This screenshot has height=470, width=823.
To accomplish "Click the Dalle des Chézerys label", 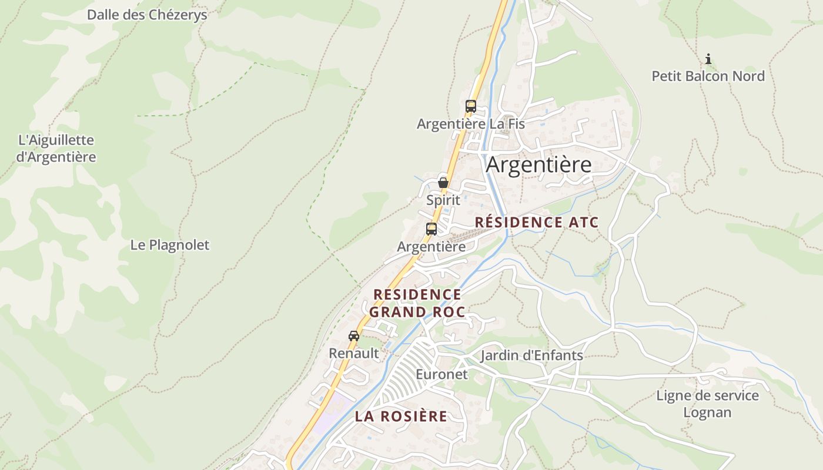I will [x=147, y=15].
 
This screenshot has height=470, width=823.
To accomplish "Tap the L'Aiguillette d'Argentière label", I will [x=56, y=149].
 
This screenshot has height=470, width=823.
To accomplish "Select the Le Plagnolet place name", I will [x=169, y=245].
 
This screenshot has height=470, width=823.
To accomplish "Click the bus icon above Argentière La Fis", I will [x=470, y=106].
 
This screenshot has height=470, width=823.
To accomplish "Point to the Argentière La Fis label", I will [x=470, y=125].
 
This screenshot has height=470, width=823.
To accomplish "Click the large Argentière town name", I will [x=538, y=165].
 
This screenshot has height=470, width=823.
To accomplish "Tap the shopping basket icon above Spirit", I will [x=443, y=183].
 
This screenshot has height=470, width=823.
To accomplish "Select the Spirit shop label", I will [x=443, y=200].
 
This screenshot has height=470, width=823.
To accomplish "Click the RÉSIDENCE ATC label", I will [x=536, y=223].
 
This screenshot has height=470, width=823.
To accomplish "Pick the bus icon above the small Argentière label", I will [x=431, y=229].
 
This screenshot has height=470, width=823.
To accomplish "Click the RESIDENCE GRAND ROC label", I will [x=417, y=303].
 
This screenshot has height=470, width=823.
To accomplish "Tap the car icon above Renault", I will [x=353, y=336].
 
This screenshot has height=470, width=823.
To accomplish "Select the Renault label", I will [x=353, y=354].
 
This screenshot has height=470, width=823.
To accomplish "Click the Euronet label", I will [x=441, y=374].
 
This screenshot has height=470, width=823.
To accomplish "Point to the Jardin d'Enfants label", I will [x=531, y=355].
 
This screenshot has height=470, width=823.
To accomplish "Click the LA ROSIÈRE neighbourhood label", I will [x=401, y=417].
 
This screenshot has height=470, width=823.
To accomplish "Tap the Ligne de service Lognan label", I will [x=707, y=404].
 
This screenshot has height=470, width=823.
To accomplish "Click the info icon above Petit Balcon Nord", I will [x=708, y=59].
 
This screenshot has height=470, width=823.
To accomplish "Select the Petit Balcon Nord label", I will [x=708, y=76].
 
